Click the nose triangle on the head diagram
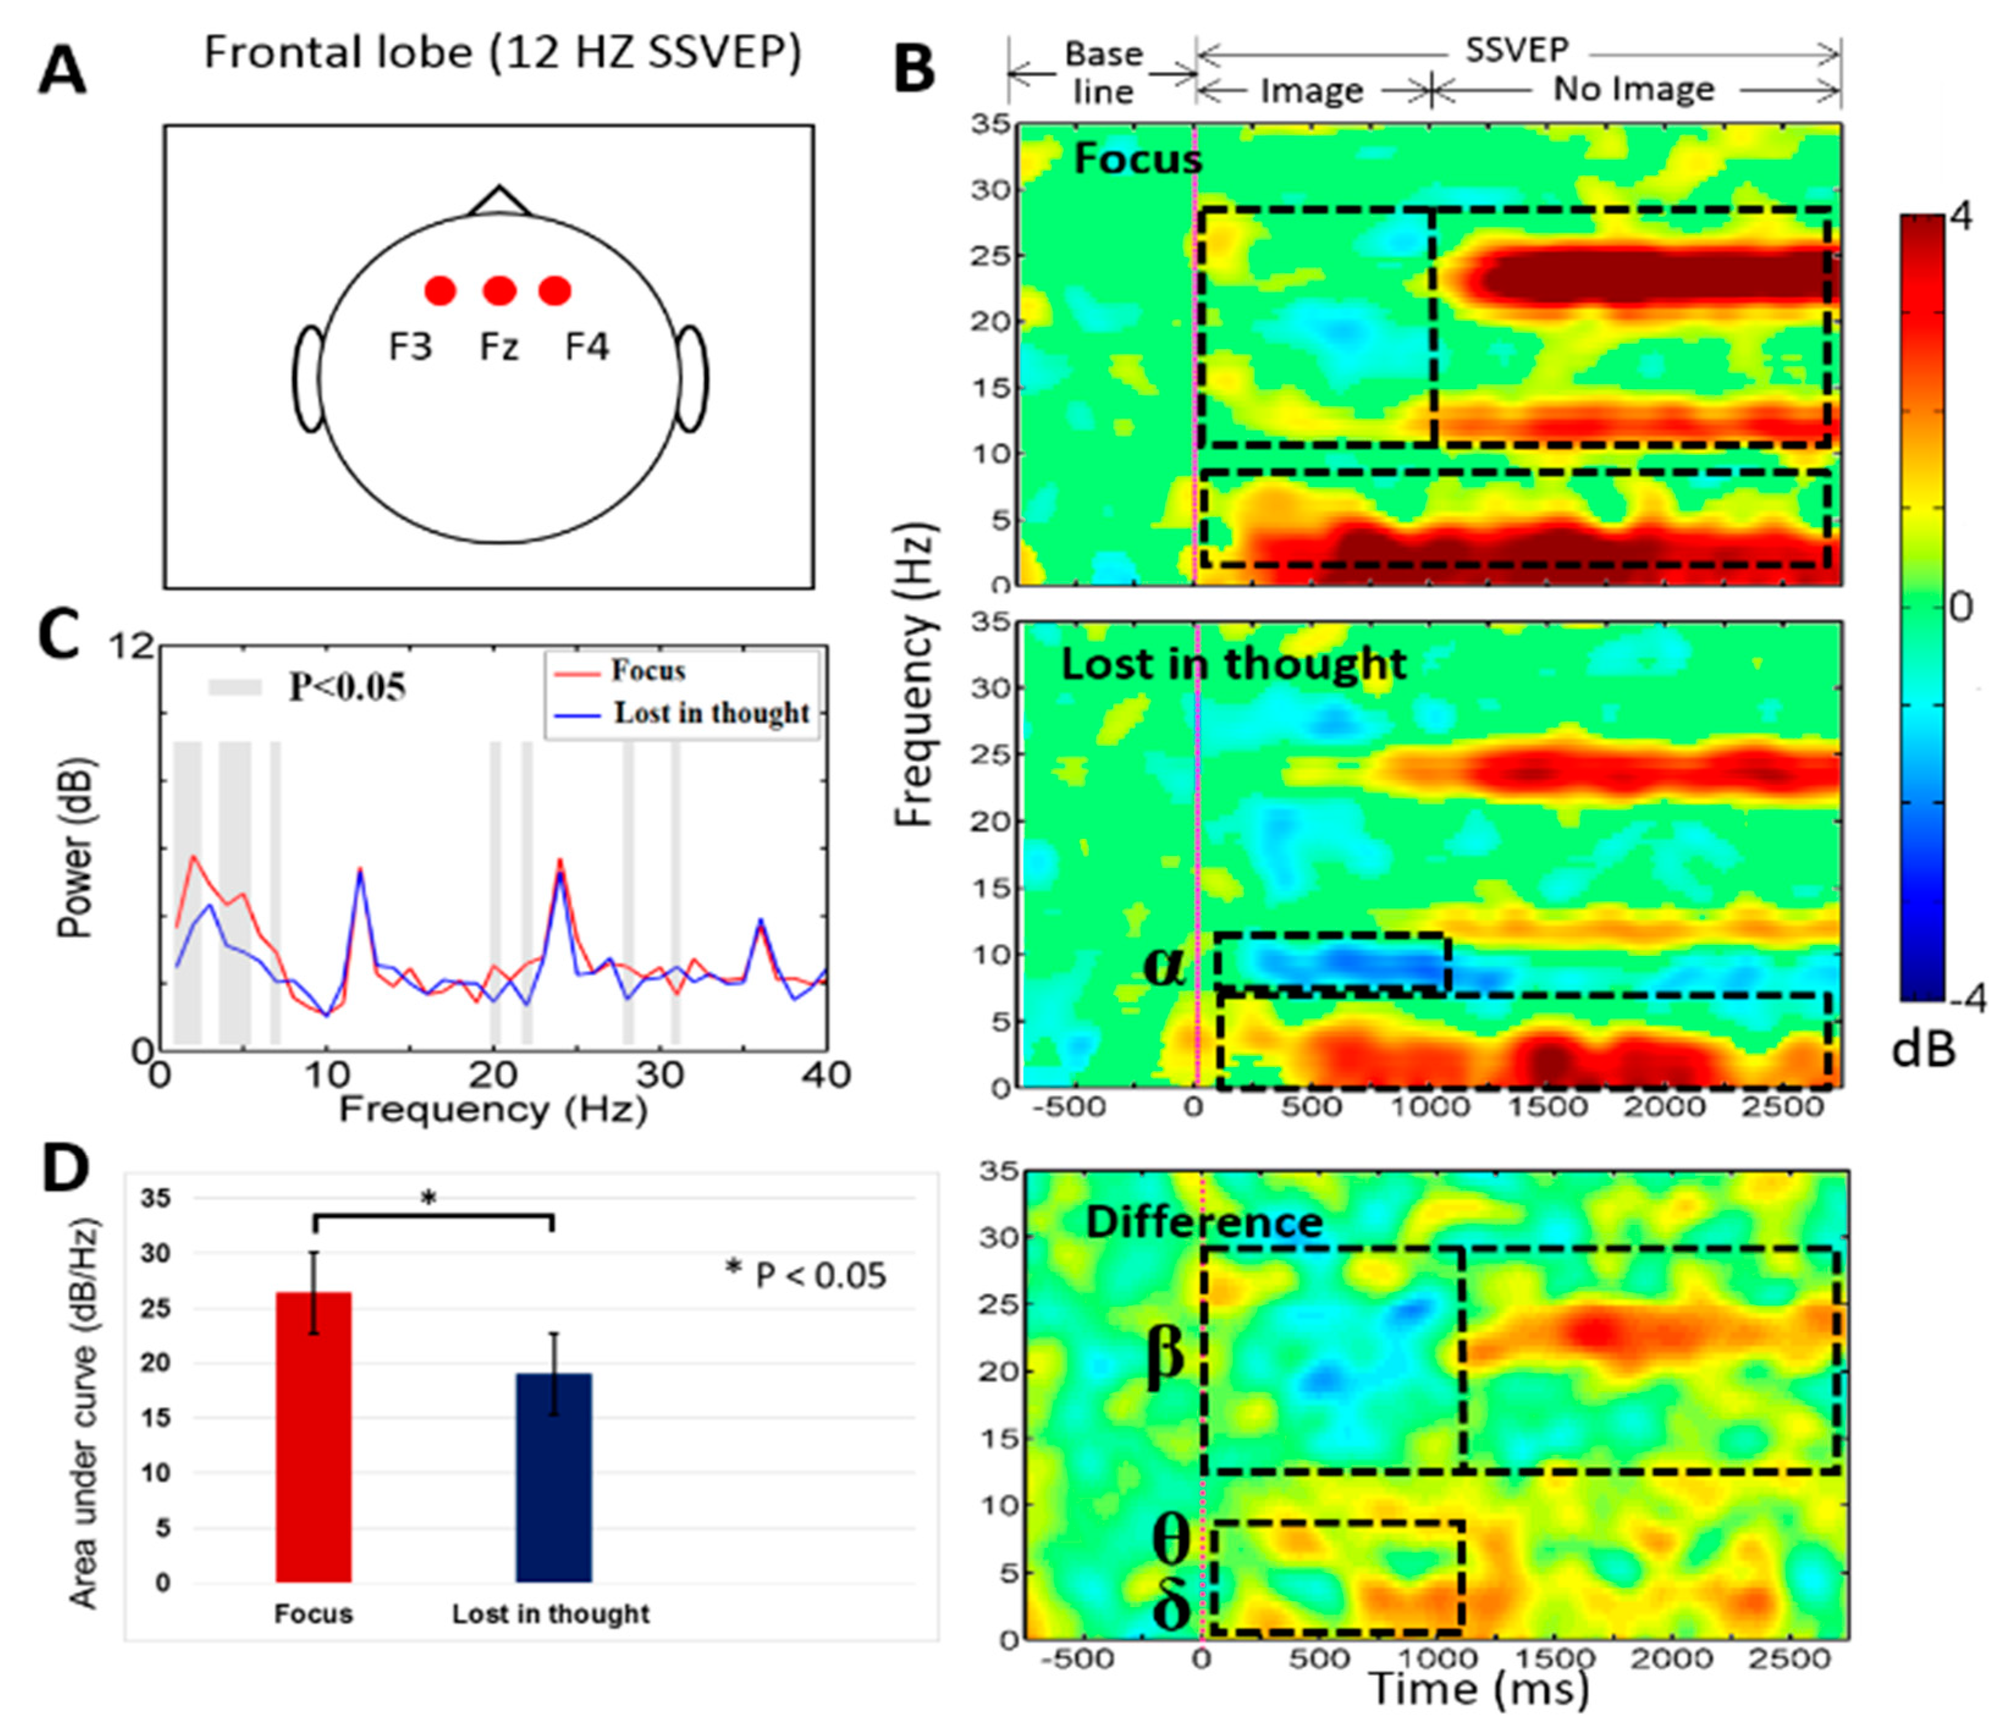pyautogui.click(x=499, y=200)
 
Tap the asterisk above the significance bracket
pyautogui.click(x=428, y=1199)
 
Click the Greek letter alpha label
pyautogui.click(x=1164, y=964)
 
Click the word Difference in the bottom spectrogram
pyautogui.click(x=1204, y=1222)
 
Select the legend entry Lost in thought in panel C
pyautogui.click(x=711, y=713)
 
